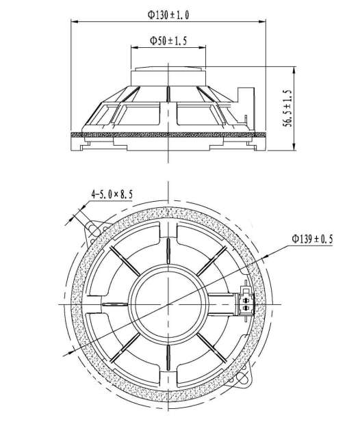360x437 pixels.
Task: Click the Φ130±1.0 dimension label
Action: point(168,14)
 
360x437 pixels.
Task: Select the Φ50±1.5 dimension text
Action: point(168,40)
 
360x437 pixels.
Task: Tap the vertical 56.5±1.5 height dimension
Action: point(287,108)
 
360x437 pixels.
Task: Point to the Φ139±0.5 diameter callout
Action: point(312,239)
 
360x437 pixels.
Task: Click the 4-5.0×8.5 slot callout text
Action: point(112,194)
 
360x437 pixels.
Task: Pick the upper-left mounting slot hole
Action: point(94,230)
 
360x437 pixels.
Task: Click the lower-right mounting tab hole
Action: point(242,378)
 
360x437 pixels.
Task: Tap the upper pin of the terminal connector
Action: point(246,300)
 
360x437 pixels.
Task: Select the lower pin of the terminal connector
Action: point(246,308)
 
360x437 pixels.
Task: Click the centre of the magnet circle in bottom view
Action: point(168,304)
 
